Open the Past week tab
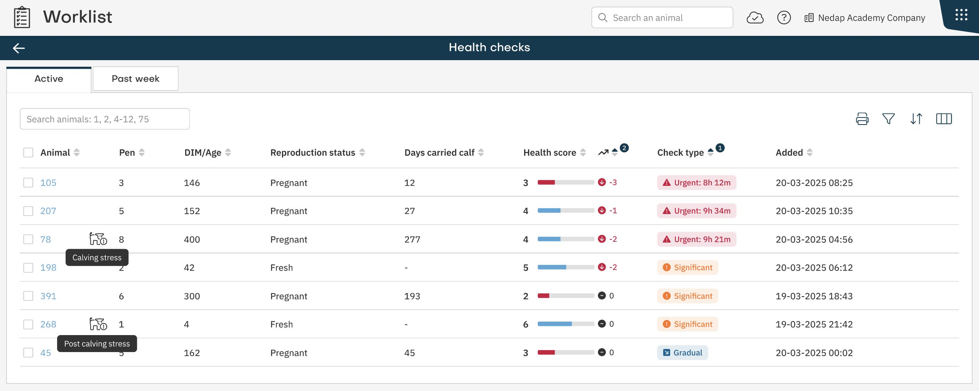click(x=135, y=79)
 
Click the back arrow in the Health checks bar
click(x=19, y=48)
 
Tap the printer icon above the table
click(x=862, y=119)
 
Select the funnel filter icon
click(x=888, y=119)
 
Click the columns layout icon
click(x=944, y=119)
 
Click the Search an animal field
click(x=662, y=18)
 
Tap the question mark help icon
click(x=784, y=18)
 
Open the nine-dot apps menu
click(x=961, y=15)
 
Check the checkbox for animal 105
click(x=28, y=182)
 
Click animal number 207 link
click(x=48, y=211)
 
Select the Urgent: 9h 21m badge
click(x=697, y=239)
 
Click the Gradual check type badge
click(x=682, y=352)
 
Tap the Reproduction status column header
click(x=313, y=153)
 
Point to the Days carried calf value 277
click(x=412, y=239)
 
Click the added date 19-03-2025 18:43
click(x=814, y=296)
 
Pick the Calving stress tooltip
click(x=97, y=258)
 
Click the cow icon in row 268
click(x=98, y=324)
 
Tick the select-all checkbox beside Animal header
click(x=28, y=152)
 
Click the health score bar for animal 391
click(x=565, y=296)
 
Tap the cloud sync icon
click(x=755, y=18)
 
